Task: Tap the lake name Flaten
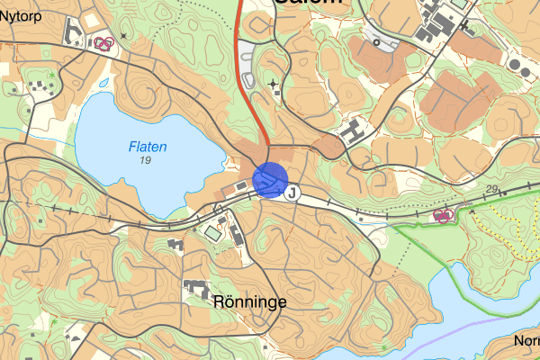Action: tap(148, 147)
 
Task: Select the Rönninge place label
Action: tap(250, 302)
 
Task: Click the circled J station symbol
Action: tap(292, 192)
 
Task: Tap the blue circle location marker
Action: tap(270, 179)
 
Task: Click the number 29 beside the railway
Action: tap(491, 188)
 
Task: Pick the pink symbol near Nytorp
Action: tap(104, 42)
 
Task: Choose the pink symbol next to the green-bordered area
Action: tap(442, 214)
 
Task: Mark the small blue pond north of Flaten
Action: tap(103, 83)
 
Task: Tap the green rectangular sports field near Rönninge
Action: tap(212, 233)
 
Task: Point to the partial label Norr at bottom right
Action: tap(526, 341)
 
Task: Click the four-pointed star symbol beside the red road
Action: tap(274, 84)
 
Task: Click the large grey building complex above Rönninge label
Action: tap(196, 289)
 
